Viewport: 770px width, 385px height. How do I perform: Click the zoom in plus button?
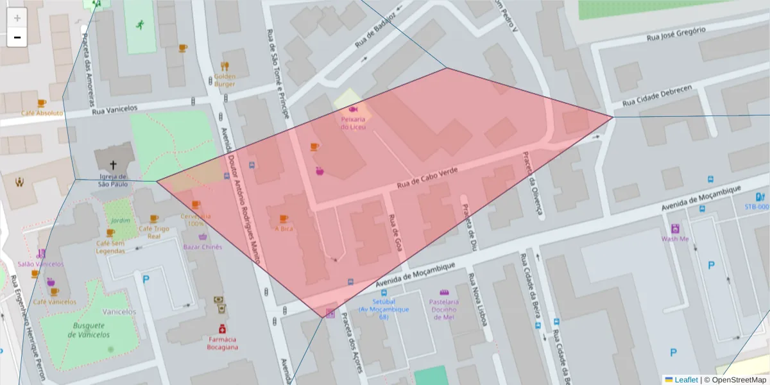tap(17, 18)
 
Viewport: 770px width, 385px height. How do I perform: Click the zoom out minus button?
tap(17, 37)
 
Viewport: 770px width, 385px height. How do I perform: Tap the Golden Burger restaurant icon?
tap(225, 66)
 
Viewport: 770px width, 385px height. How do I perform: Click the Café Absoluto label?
tap(42, 113)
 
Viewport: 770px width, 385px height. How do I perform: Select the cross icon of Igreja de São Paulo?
tap(114, 165)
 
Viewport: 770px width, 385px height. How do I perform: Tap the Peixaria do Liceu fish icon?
tap(353, 110)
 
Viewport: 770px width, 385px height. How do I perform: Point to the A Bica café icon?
tap(284, 219)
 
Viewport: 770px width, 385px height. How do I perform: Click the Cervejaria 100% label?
tap(196, 220)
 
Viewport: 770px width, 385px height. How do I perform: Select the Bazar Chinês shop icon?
tap(203, 237)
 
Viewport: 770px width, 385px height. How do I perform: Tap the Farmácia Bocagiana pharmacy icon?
tap(222, 328)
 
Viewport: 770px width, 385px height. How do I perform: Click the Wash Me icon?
tap(675, 228)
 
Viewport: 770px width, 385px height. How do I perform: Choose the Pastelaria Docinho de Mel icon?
tap(443, 292)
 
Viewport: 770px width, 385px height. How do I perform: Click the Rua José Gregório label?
tap(676, 33)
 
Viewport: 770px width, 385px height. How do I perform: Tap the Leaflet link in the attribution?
tap(685, 380)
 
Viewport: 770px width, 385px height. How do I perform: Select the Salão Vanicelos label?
tap(40, 264)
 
